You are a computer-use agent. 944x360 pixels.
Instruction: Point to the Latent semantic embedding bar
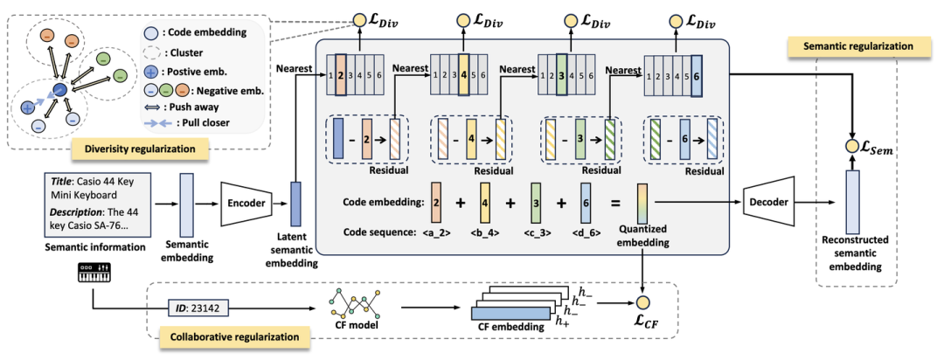pyautogui.click(x=295, y=207)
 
